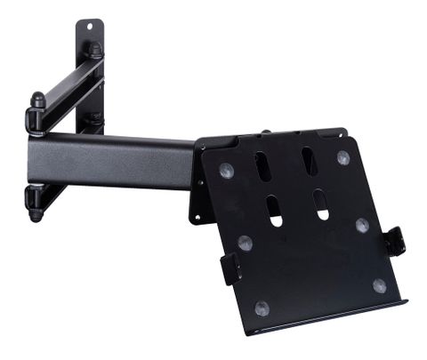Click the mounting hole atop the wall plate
(90, 28)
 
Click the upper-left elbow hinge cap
(37, 100)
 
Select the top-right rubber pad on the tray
(342, 157)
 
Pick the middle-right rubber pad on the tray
(362, 224)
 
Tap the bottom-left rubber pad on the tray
(262, 308)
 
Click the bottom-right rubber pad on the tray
(380, 285)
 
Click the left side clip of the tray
(230, 268)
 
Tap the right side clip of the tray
(394, 241)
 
